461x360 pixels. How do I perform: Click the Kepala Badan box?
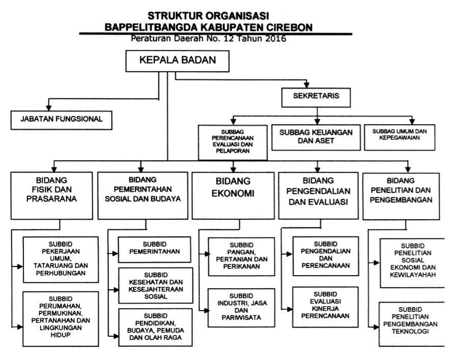coord(177,61)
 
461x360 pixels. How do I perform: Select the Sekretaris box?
coord(316,97)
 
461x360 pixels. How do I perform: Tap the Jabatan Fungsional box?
coord(62,120)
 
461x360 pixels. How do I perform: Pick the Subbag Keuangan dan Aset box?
coord(316,137)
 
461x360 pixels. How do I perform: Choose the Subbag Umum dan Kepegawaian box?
coord(399,137)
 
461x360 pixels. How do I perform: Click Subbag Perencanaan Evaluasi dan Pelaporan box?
coord(233,142)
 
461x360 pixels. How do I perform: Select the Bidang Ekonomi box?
coord(233,196)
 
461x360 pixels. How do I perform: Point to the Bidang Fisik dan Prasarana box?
coord(52,196)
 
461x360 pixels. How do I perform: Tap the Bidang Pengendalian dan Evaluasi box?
coord(319,196)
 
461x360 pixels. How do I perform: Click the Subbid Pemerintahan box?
coord(154,250)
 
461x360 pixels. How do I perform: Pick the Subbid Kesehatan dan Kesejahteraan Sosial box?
coord(156,285)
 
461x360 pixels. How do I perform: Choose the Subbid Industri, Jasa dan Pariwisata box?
coord(241,308)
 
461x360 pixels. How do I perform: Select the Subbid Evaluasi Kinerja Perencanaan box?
coord(326,307)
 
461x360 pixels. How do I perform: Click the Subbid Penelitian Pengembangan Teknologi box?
coord(412,324)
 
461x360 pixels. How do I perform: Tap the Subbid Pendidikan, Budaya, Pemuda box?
coord(156,327)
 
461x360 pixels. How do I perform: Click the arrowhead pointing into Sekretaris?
coord(307,85)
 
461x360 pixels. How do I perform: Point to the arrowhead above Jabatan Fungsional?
coord(49,108)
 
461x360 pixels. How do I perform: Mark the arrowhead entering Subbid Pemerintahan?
coord(115,253)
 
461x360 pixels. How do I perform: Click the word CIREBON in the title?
coord(290,27)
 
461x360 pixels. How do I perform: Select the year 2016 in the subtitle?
coord(275,39)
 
